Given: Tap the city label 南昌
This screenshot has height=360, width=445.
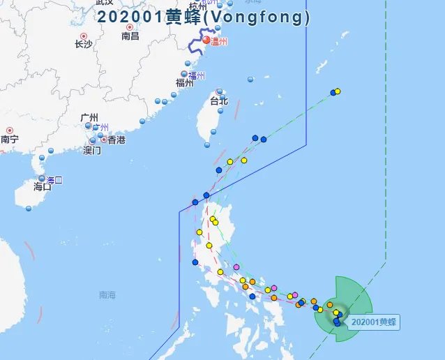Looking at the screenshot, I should pyautogui.click(x=130, y=36).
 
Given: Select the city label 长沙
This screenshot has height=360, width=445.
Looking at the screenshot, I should pyautogui.click(x=83, y=45).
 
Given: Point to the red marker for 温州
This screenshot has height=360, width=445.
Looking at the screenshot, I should pyautogui.click(x=206, y=40).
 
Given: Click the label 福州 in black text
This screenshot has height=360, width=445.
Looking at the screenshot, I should pyautogui.click(x=184, y=83).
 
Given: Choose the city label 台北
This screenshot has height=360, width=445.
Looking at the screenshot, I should pyautogui.click(x=219, y=101).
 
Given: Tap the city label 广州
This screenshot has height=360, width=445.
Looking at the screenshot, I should pyautogui.click(x=89, y=117).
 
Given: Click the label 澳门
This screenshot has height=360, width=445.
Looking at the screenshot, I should pyautogui.click(x=93, y=150).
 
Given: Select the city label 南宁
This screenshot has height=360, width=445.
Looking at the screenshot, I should pyautogui.click(x=10, y=140).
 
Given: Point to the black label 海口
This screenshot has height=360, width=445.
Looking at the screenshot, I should pyautogui.click(x=43, y=187).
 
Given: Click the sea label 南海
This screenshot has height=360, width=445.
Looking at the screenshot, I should pyautogui.click(x=107, y=295).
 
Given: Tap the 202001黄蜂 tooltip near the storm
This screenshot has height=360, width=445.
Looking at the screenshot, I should pyautogui.click(x=374, y=322).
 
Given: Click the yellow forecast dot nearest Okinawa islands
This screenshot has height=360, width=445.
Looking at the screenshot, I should pyautogui.click(x=338, y=91).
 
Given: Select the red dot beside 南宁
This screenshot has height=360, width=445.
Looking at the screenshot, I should pyautogui.click(x=10, y=130).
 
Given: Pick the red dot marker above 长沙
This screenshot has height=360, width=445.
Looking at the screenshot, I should pyautogui.click(x=83, y=36).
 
